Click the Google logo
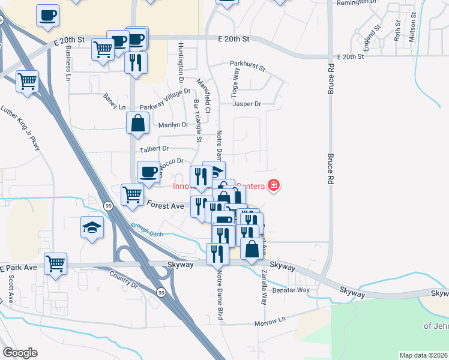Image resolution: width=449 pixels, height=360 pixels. (x=20, y=353)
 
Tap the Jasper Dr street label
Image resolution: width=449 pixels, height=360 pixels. (x=247, y=104)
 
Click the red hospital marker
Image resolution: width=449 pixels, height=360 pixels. (x=273, y=185)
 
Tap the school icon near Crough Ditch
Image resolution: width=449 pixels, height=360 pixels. (x=92, y=227)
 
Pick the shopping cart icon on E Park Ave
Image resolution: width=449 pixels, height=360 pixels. (x=55, y=263)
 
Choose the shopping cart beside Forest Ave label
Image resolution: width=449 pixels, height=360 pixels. (x=132, y=194)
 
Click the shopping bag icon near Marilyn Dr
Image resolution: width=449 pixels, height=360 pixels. (x=138, y=123)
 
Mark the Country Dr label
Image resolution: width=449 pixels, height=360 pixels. (x=124, y=280)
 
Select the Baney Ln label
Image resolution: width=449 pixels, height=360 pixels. (x=114, y=107)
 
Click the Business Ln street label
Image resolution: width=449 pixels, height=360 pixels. (x=68, y=62)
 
